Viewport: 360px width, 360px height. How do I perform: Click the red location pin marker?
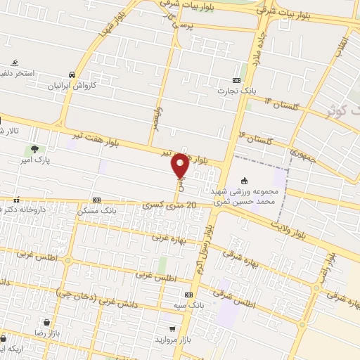point(180,166)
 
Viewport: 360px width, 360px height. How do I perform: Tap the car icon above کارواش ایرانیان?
point(72,75)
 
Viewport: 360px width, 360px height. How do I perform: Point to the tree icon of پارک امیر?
point(34,149)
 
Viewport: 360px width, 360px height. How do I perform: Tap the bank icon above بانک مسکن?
point(96,200)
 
